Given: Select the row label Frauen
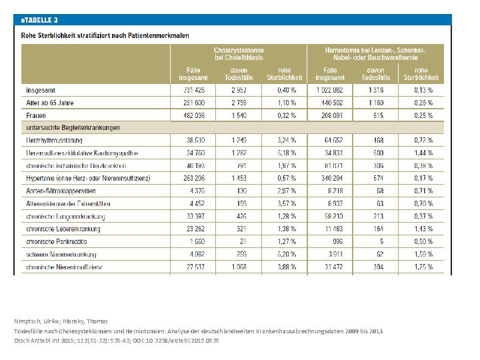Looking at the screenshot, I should pyautogui.click(x=37, y=115).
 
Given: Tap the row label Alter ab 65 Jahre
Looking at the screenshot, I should pyautogui.click(x=50, y=103).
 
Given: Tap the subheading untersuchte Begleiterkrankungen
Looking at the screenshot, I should pyautogui.click(x=73, y=127).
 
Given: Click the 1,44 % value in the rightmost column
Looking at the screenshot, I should pyautogui.click(x=423, y=153).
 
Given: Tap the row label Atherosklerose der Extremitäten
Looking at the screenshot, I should pyautogui.click(x=68, y=203).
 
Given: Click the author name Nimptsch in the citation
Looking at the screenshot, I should pyautogui.click(x=28, y=321).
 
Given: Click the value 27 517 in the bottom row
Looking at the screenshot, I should pyautogui.click(x=192, y=267).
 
